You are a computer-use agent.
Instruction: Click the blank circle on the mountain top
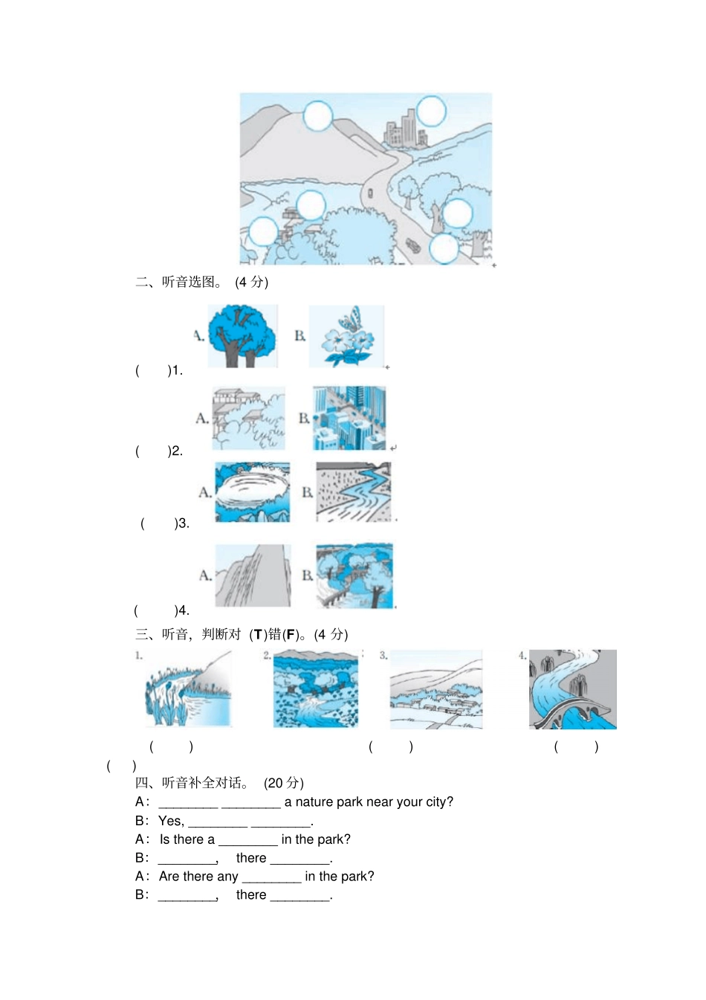(317, 116)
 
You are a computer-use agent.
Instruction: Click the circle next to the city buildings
(430, 112)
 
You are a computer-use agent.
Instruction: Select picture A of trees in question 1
(242, 336)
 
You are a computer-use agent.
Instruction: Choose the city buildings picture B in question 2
(349, 418)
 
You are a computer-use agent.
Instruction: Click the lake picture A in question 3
(252, 492)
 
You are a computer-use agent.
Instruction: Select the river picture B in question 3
(354, 492)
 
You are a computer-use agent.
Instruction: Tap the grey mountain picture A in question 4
(253, 575)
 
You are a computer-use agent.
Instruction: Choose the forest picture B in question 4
(354, 575)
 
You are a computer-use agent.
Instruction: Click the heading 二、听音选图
(178, 282)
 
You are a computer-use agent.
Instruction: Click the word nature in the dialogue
(314, 801)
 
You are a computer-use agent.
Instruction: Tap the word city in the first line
(437, 801)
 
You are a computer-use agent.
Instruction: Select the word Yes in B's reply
(169, 821)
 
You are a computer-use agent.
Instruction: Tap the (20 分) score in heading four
(283, 783)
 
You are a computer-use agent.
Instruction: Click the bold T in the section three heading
(258, 635)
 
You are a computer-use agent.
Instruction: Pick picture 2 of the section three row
(316, 688)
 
